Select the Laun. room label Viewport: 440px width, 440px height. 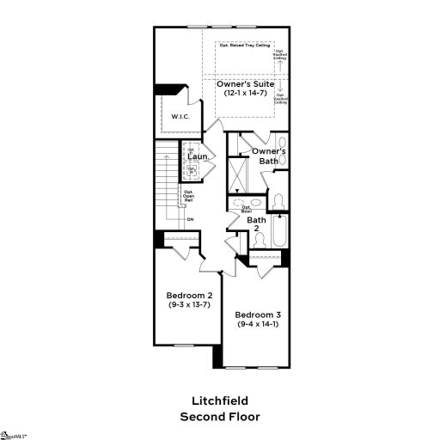coord(200,156)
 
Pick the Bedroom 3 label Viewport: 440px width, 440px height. coord(258,315)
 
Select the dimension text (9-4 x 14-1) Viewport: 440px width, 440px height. coord(258,325)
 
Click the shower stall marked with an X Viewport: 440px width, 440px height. coord(236,175)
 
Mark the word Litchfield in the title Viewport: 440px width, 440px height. coord(219,400)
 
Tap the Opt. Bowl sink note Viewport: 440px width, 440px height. coord(247,207)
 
